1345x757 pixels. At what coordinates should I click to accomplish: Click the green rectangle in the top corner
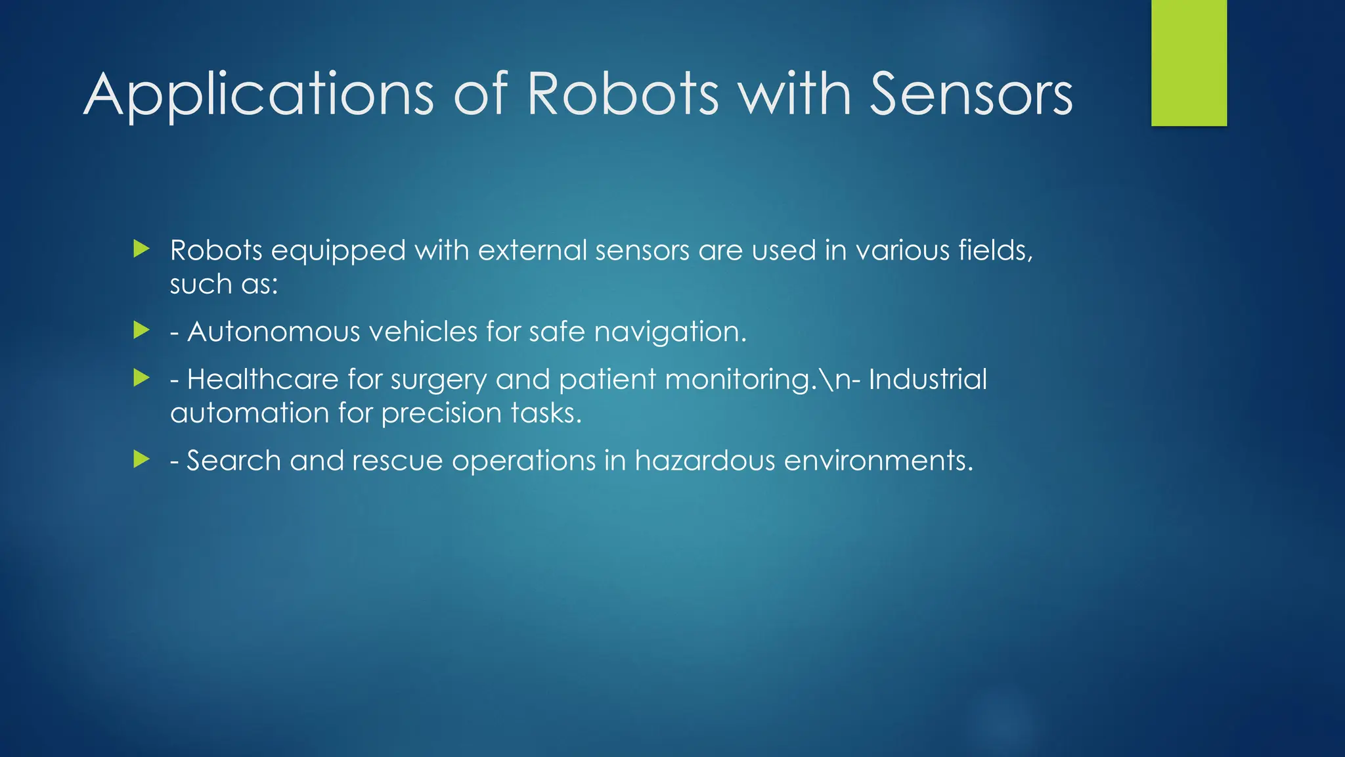point(1189,63)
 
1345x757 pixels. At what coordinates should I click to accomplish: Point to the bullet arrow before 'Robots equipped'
point(141,249)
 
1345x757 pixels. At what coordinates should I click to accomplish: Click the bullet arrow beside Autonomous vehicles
point(141,330)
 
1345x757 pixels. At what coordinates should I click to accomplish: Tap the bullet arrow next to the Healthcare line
point(141,378)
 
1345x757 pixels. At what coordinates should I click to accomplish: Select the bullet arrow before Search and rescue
point(141,459)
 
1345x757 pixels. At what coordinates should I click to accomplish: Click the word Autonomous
point(274,331)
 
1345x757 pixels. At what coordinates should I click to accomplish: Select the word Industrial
point(927,379)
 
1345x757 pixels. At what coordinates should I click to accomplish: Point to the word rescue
point(397,461)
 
